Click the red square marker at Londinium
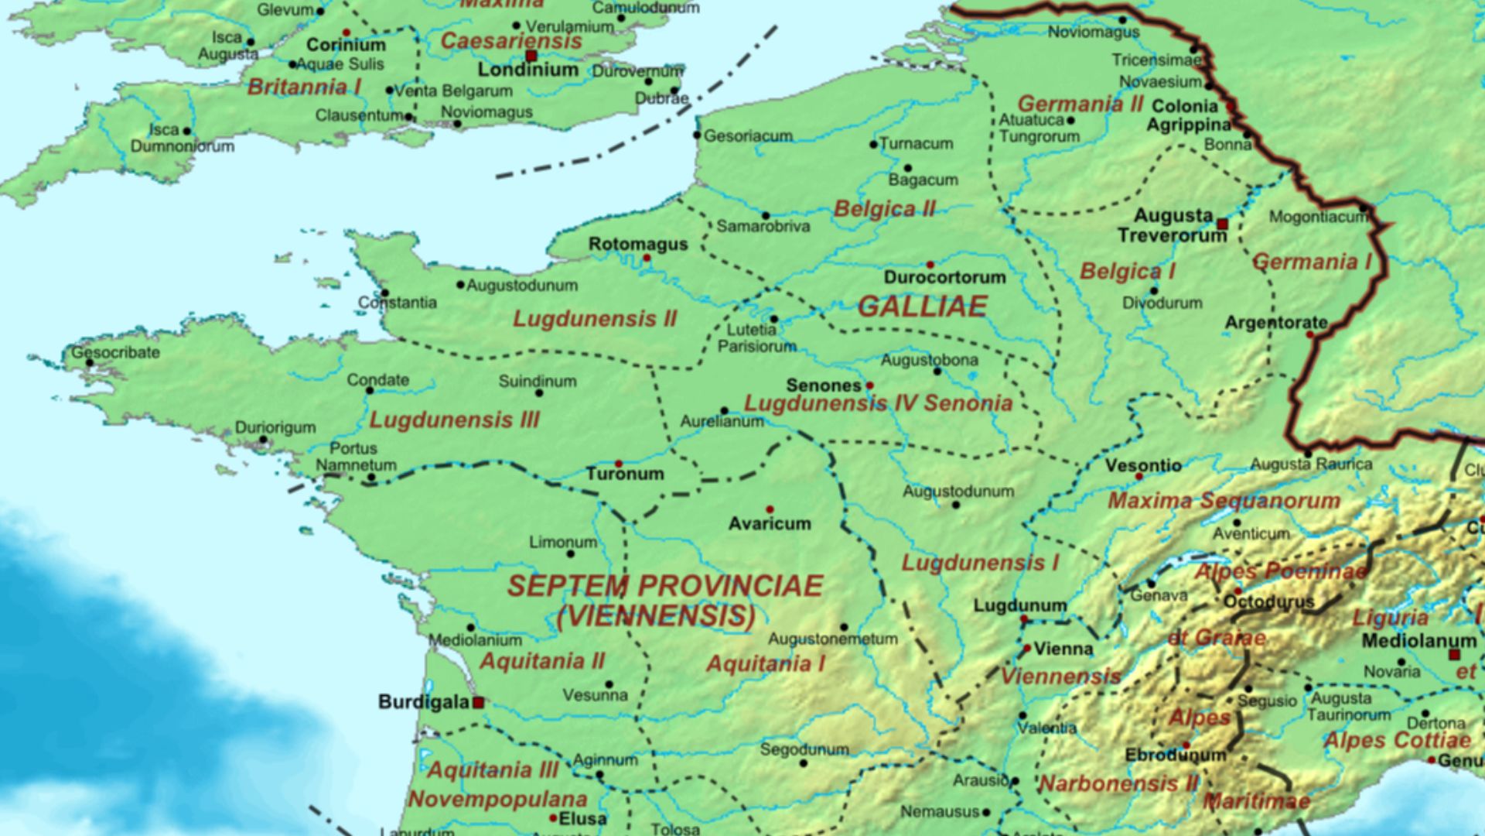(531, 57)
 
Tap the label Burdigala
(423, 701)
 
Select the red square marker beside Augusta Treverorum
(1222, 224)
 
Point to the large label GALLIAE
(922, 307)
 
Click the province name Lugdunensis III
(454, 420)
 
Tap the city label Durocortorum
(944, 277)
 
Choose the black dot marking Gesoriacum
(697, 135)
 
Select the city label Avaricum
(770, 524)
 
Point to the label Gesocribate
(116, 353)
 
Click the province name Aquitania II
(542, 661)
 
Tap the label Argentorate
(1276, 323)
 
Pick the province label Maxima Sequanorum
(1224, 501)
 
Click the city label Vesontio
(1143, 466)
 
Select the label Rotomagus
(638, 245)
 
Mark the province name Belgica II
(884, 209)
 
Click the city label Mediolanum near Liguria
(1418, 641)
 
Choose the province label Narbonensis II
(1118, 783)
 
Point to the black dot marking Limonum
(571, 554)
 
